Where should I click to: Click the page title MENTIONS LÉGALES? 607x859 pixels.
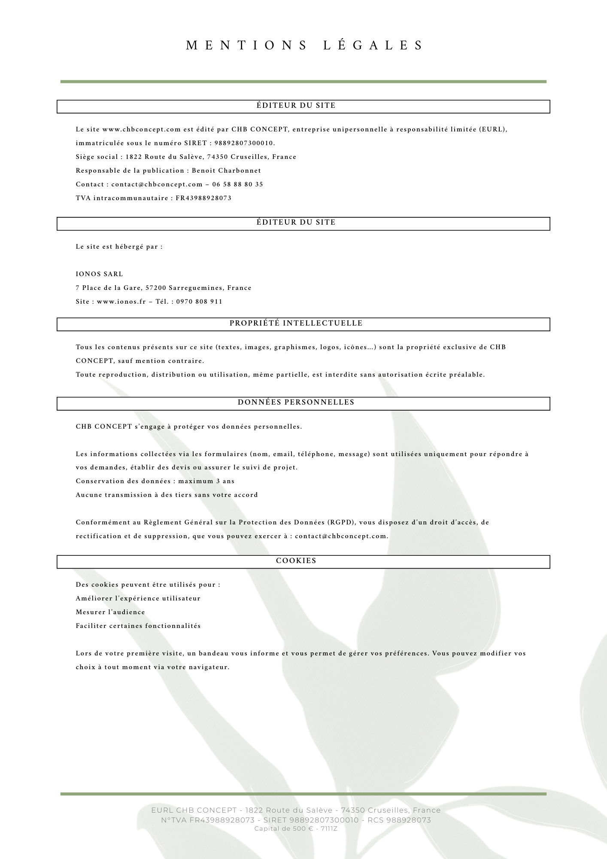[304, 46]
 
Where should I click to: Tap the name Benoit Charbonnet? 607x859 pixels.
[226, 171]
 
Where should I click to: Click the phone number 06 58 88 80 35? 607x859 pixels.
[237, 184]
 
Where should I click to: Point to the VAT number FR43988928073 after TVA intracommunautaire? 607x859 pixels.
[203, 198]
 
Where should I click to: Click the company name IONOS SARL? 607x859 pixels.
[99, 274]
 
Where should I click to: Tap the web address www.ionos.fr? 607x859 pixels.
[121, 302]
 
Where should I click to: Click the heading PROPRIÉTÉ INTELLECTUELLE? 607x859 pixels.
[296, 323]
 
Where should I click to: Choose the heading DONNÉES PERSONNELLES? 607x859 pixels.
[296, 402]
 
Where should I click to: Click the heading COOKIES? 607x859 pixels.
[296, 561]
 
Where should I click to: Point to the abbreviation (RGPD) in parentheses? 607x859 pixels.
[342, 522]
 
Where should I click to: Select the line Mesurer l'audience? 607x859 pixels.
[110, 612]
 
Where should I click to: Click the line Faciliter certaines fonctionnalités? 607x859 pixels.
[138, 626]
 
